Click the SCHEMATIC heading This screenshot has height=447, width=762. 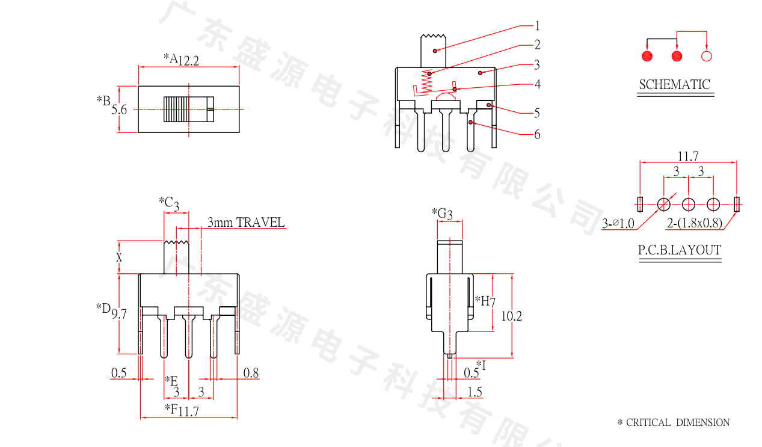(x=674, y=85)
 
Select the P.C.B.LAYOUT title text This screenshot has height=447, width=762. (x=679, y=250)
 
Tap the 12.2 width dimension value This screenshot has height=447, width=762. (x=188, y=60)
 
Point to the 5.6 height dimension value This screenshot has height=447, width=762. (x=119, y=109)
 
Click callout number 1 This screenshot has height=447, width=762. (x=537, y=26)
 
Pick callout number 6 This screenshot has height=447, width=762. (x=537, y=134)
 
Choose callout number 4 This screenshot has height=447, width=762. (x=537, y=84)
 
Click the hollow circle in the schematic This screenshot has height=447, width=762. (x=707, y=57)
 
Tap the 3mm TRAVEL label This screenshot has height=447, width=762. (x=245, y=223)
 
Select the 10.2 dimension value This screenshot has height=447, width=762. (x=511, y=316)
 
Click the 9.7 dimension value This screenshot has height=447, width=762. (x=119, y=313)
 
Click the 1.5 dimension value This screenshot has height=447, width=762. (x=475, y=392)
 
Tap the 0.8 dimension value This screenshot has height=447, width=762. (x=251, y=374)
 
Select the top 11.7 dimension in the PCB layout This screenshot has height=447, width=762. (x=688, y=156)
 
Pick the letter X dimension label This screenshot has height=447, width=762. (x=119, y=257)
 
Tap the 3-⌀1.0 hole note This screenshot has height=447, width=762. (x=618, y=224)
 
